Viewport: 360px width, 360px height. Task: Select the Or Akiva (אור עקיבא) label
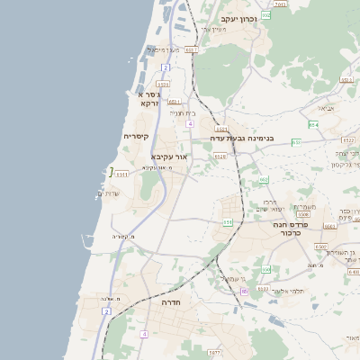tap(169, 156)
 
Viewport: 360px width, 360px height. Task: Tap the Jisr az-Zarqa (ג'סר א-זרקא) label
tap(150, 98)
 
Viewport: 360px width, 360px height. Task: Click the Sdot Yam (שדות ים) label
tap(107, 193)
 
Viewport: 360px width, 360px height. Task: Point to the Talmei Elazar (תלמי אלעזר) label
tap(287, 292)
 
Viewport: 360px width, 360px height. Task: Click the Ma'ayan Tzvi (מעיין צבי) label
tap(213, 30)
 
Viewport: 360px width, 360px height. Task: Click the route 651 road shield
tap(229, 220)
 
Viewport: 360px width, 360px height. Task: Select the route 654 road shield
tap(312, 124)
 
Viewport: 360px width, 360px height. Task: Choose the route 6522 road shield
tap(348, 140)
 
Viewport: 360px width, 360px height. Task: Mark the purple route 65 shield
tap(244, 316)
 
